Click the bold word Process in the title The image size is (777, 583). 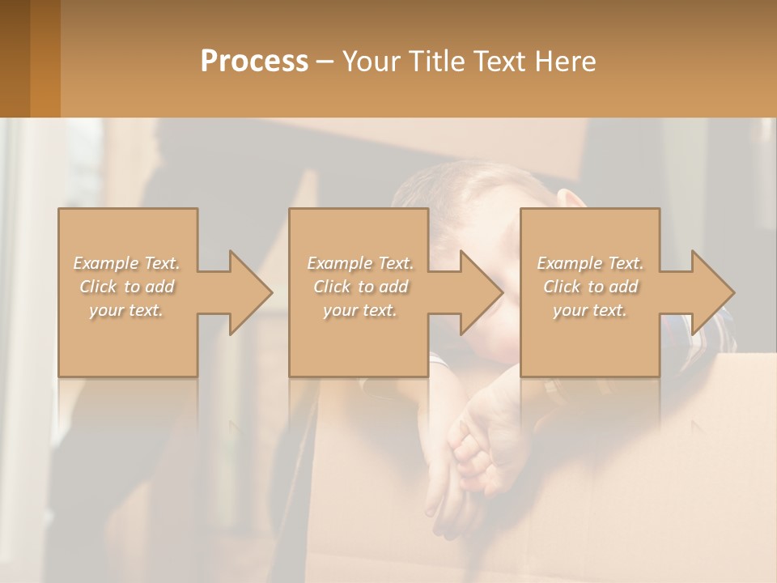tap(254, 61)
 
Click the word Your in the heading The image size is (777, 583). tap(372, 61)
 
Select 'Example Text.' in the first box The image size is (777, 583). tap(126, 263)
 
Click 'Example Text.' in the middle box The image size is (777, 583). tap(360, 263)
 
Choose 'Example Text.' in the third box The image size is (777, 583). tap(590, 263)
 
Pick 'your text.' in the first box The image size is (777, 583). tap(126, 310)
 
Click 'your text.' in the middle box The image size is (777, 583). tap(360, 310)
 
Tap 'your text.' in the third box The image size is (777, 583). tap(590, 310)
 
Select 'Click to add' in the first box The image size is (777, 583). tap(127, 287)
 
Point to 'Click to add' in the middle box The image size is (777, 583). tap(360, 287)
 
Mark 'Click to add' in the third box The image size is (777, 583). tap(590, 287)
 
